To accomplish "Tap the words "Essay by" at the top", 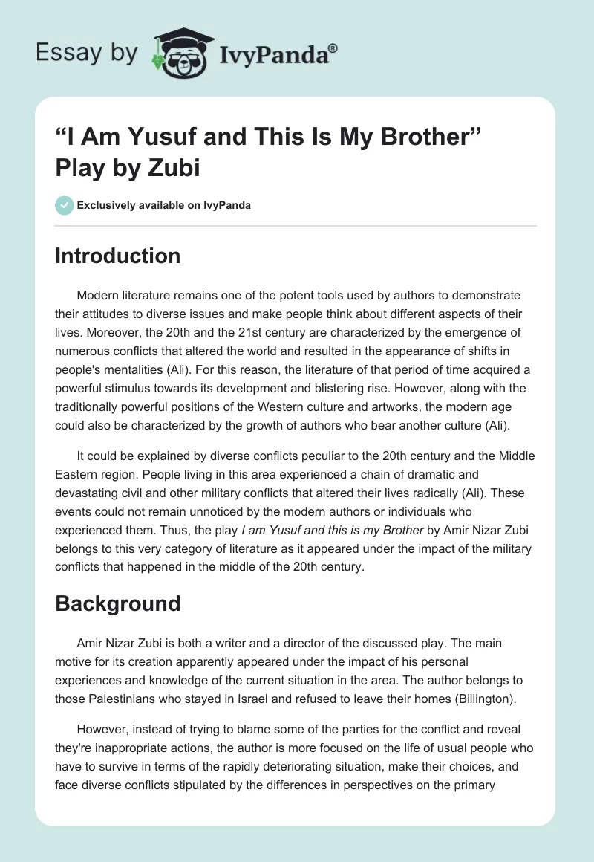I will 85,54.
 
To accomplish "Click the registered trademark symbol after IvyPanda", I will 333,48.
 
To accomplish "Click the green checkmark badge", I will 65,205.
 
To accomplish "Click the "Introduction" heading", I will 117,256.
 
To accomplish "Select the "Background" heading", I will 117,603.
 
